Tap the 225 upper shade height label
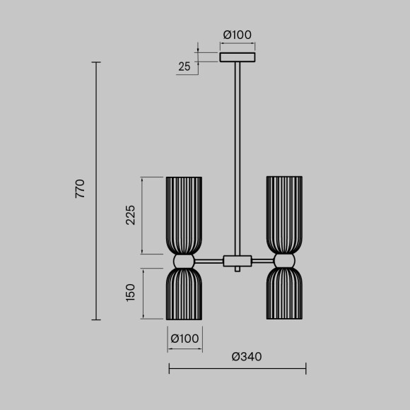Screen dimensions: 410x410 130,215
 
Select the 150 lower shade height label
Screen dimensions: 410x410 130,292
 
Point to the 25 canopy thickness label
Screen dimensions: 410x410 184,67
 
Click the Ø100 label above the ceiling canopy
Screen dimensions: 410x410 238,35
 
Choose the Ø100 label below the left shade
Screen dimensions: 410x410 184,339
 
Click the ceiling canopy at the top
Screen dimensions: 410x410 238,57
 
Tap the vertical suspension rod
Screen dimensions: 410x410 238,156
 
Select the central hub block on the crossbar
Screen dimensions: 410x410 238,261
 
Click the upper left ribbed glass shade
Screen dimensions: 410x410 184,214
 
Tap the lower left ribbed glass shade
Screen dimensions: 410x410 184,293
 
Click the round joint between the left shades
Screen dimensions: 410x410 184,261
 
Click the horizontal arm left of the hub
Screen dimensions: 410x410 209,261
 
